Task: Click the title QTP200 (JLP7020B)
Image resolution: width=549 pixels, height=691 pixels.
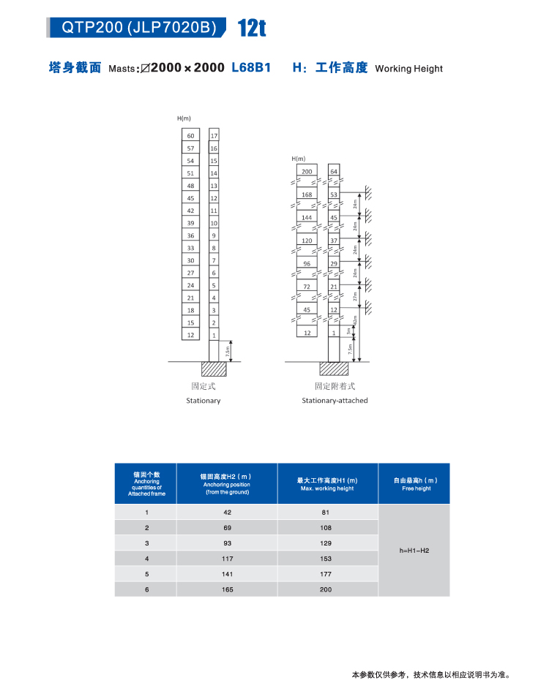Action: tap(139, 28)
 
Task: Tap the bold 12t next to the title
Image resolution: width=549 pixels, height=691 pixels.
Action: tap(251, 29)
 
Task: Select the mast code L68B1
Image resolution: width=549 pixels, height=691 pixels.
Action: tap(251, 67)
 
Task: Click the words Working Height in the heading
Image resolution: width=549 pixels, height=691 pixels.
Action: tap(408, 69)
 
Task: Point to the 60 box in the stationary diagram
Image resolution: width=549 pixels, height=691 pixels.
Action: tap(190, 136)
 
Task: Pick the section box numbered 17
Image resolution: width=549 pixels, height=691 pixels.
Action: tap(214, 136)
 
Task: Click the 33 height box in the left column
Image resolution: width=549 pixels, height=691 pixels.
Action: tap(190, 248)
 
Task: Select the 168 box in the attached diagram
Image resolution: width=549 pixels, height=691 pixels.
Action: tap(307, 195)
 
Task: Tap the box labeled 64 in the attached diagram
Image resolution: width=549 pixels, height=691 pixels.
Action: tap(334, 172)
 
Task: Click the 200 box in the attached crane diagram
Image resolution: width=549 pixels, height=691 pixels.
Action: tap(307, 172)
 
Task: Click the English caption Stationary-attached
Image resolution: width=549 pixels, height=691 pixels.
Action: tap(335, 401)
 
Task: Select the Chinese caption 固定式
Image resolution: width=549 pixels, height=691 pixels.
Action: tap(203, 385)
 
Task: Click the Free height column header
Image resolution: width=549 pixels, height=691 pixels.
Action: tap(415, 484)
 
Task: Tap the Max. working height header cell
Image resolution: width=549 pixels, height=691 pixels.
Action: tap(327, 484)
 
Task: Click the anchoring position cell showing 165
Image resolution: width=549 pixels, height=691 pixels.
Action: tap(227, 589)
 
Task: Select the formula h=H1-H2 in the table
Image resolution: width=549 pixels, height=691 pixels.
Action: tap(414, 550)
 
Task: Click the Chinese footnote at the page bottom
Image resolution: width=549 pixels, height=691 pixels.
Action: tap(430, 674)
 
